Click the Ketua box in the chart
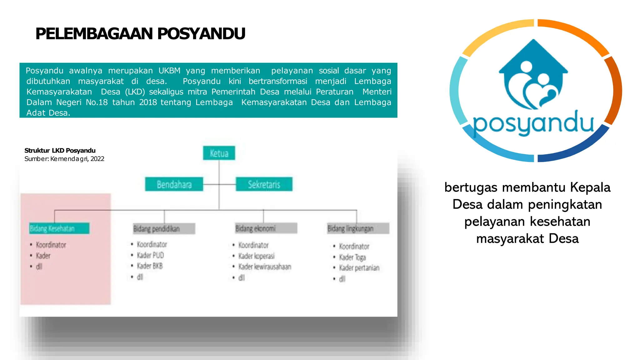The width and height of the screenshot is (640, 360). point(219,153)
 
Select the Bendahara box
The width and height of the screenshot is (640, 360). point(174,184)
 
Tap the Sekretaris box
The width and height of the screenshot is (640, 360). point(264,184)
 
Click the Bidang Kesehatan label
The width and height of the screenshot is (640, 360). point(59,228)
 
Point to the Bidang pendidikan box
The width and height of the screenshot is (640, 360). point(164,228)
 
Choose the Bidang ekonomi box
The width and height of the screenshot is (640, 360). point(266,228)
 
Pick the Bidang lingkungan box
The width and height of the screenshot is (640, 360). point(358,228)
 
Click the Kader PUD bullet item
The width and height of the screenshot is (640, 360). point(150,255)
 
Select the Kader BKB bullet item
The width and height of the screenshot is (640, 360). point(150,266)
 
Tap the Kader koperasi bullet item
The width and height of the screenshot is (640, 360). point(256,256)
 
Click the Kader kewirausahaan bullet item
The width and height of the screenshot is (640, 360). point(265,267)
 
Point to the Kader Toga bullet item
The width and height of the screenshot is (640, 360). point(352,257)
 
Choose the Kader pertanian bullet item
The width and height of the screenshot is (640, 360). point(359,268)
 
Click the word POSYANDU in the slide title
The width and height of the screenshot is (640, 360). point(201,34)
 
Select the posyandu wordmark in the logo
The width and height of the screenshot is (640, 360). point(533,123)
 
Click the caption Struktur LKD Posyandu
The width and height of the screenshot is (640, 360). point(60,151)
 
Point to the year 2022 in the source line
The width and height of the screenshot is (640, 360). point(97,159)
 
